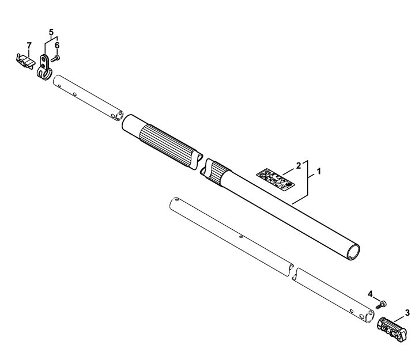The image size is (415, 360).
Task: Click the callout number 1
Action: tap(319, 172)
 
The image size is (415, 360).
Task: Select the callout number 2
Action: tap(299, 166)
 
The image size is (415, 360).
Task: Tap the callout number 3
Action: tap(407, 313)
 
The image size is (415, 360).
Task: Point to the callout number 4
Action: tap(370, 294)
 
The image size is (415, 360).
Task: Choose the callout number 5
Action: tap(51, 32)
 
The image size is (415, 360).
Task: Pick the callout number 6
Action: tap(57, 46)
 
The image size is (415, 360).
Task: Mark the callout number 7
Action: tap(29, 46)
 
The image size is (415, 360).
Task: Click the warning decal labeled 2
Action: tap(276, 179)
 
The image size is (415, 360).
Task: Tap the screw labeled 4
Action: tap(381, 305)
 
